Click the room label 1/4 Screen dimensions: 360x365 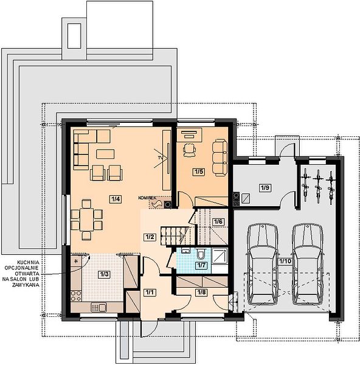[116, 200]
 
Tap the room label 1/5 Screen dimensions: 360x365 [199, 172]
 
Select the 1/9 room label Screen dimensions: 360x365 [265, 187]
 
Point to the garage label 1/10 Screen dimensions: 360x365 [285, 261]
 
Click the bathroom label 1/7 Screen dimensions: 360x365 [201, 265]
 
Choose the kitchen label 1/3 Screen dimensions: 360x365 [104, 274]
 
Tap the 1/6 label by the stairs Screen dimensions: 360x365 [218, 221]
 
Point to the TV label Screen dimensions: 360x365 [160, 158]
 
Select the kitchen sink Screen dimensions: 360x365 [99, 307]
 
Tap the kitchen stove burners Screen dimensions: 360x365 [76, 296]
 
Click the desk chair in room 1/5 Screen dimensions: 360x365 [189, 150]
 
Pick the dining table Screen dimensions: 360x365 [86, 220]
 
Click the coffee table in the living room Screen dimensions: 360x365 [105, 154]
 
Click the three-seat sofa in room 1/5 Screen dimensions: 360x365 [220, 158]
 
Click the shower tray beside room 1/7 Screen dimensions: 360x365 [220, 256]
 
